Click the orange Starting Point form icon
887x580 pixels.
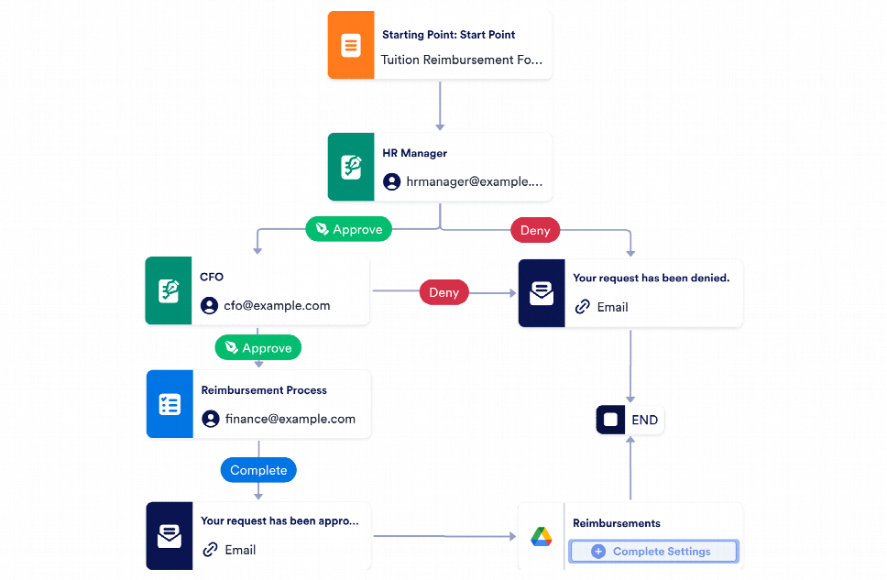tap(350, 45)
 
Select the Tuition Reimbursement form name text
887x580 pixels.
tap(461, 60)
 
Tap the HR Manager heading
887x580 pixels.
tap(415, 153)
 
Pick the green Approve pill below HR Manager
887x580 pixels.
tap(348, 229)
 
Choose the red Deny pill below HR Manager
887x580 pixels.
tap(534, 230)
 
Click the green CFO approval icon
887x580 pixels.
tap(168, 291)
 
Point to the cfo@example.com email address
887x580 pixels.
tap(277, 305)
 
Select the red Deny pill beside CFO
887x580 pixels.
tap(443, 292)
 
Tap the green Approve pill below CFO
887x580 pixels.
tap(257, 347)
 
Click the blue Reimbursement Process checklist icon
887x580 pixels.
tap(169, 404)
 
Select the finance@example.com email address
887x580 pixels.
tap(290, 419)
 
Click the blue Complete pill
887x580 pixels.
tap(258, 470)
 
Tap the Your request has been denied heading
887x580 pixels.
tap(651, 278)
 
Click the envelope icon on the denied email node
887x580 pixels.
tap(541, 293)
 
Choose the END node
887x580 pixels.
tap(630, 420)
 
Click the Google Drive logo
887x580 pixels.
tap(542, 537)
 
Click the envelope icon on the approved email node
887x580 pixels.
tap(169, 536)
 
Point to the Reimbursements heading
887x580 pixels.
tap(616, 523)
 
